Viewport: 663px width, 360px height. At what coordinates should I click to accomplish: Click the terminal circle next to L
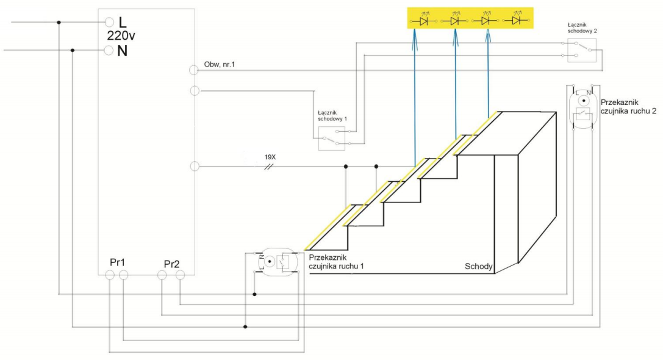pos(109,23)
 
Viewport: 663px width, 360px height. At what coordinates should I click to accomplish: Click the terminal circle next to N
pos(109,50)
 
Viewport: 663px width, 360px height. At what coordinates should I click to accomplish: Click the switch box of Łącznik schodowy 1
pos(332,139)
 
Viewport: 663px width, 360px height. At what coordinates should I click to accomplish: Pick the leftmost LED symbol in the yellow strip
pos(422,21)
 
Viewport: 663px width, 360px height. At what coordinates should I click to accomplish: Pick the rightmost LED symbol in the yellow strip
pos(517,21)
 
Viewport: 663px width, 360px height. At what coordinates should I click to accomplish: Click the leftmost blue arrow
pos(415,98)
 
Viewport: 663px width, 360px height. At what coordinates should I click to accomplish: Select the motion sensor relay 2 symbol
pos(584,107)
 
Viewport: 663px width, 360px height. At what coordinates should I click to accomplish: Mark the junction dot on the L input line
pos(59,23)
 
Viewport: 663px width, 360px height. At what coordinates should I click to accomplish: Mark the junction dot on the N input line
pos(73,50)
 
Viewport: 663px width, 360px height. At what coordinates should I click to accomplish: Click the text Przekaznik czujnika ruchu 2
pos(628,107)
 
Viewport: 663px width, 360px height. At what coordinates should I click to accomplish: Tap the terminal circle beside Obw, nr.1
pos(195,70)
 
